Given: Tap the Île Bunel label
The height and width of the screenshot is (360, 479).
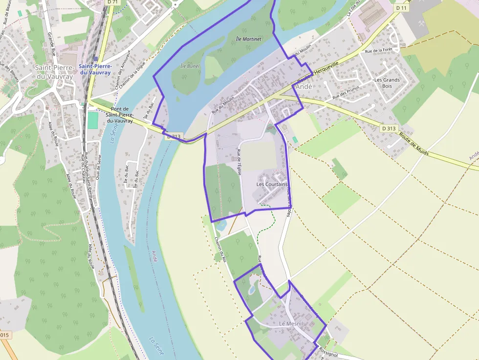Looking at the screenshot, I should [190, 66].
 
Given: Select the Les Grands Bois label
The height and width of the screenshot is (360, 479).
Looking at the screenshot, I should [387, 83].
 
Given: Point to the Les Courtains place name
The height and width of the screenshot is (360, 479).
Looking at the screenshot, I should [272, 184].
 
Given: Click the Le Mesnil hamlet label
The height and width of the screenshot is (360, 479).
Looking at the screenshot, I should [291, 324].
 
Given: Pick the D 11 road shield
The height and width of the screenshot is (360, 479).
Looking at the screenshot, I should [401, 8].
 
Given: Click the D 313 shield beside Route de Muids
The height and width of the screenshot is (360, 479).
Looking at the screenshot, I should [388, 128].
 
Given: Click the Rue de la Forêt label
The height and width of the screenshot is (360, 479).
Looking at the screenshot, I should [379, 50].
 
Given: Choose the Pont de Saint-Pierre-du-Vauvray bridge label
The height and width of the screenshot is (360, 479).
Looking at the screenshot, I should [120, 114].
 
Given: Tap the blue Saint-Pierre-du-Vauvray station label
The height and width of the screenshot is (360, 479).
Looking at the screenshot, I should [96, 69].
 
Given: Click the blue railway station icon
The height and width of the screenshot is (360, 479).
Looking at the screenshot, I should [95, 58].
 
